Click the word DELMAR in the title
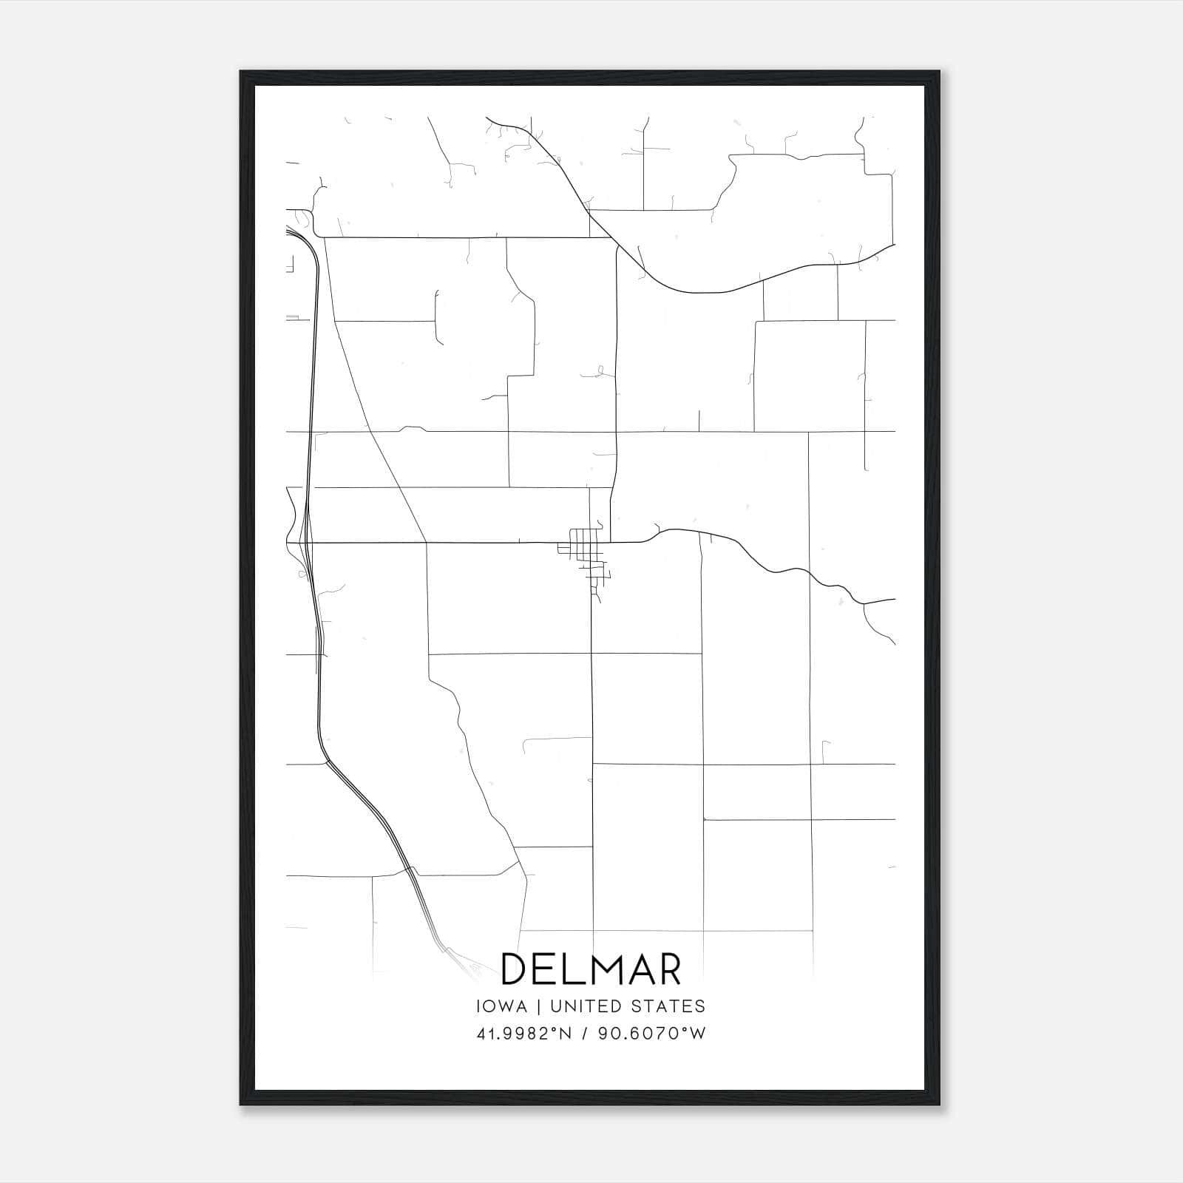pos(591,969)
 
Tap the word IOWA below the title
pos(502,1006)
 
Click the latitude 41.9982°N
pos(524,1034)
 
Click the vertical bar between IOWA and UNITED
pos(539,1006)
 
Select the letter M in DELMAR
pos(598,969)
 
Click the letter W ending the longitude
pos(699,1034)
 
